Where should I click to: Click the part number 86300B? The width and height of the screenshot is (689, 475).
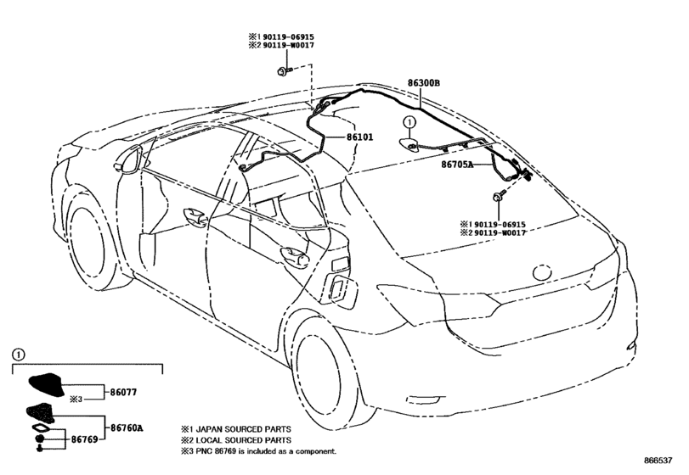423,83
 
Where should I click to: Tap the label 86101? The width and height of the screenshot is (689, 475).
359,137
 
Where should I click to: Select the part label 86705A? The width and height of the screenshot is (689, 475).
457,165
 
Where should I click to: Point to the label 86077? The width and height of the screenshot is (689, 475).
123,392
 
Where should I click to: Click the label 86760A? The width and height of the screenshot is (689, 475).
127,427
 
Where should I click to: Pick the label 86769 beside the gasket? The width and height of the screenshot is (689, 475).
84,439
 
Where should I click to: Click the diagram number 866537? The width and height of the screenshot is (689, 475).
658,460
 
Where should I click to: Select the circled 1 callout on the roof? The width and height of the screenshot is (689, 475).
409,121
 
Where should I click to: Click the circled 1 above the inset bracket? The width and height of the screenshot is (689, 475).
18,355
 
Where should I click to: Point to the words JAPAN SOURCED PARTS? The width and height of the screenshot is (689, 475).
243,429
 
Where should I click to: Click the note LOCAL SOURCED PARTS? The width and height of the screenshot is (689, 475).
243,440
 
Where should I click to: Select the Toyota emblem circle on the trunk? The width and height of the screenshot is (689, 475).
542,272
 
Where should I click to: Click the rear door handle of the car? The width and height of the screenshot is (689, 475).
295,256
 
